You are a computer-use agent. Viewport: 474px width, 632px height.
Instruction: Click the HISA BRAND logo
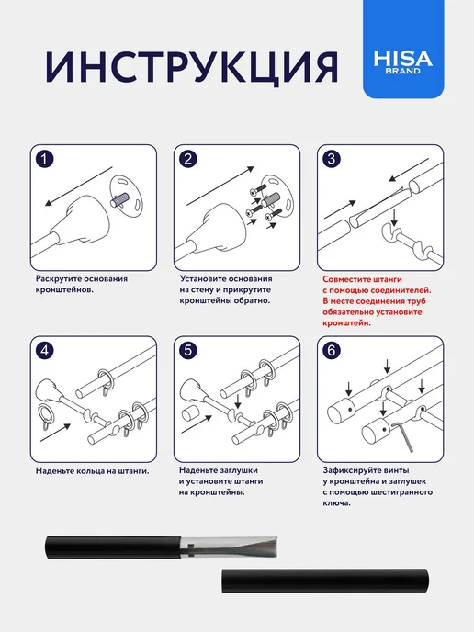pyautogui.click(x=403, y=62)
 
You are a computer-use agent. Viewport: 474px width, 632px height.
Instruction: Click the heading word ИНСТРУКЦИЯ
pyautogui.click(x=191, y=67)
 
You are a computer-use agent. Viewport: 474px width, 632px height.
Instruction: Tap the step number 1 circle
pyautogui.click(x=44, y=159)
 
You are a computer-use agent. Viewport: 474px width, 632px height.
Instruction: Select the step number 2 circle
pyautogui.click(x=187, y=159)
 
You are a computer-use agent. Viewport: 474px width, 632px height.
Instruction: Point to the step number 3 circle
pyautogui.click(x=332, y=159)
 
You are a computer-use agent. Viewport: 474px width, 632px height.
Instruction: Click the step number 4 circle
pyautogui.click(x=44, y=350)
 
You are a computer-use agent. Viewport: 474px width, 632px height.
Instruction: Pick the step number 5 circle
pyautogui.click(x=187, y=350)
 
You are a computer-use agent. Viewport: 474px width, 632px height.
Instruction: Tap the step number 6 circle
pyautogui.click(x=332, y=350)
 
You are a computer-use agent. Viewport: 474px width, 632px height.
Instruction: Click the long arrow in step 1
pyautogui.click(x=78, y=186)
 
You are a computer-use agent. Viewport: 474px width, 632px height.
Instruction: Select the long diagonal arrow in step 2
pyautogui.click(x=220, y=186)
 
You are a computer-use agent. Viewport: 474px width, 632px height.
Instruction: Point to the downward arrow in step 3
pyautogui.click(x=394, y=217)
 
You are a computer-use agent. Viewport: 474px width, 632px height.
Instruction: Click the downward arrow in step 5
pyautogui.click(x=238, y=401)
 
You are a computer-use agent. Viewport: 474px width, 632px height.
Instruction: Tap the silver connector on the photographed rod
pyautogui.click(x=229, y=547)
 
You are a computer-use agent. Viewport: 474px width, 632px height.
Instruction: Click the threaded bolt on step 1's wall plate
pyautogui.click(x=119, y=199)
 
